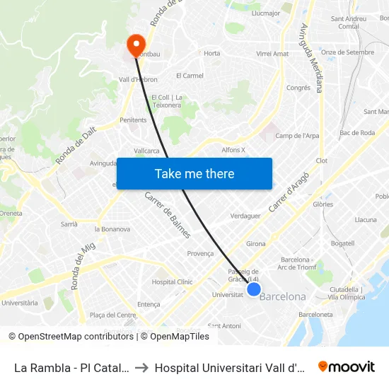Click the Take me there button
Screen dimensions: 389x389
coord(194,174)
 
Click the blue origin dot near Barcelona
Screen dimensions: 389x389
coord(254,289)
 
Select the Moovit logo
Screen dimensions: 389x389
coord(347,366)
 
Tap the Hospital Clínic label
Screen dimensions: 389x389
coord(172,281)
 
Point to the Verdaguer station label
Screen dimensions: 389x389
coord(245,216)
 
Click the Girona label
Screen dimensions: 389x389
coord(256,243)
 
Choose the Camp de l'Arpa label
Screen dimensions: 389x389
coord(297,136)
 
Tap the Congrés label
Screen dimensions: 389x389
coord(298,88)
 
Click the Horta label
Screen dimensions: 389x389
coord(211,53)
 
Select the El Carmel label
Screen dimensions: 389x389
coord(190,76)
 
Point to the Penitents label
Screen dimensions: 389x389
coord(133,120)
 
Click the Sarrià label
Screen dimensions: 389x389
coord(69,223)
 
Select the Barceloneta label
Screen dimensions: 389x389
coord(315,314)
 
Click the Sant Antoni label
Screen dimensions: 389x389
coord(224,326)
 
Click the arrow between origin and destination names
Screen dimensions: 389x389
coord(141,367)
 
